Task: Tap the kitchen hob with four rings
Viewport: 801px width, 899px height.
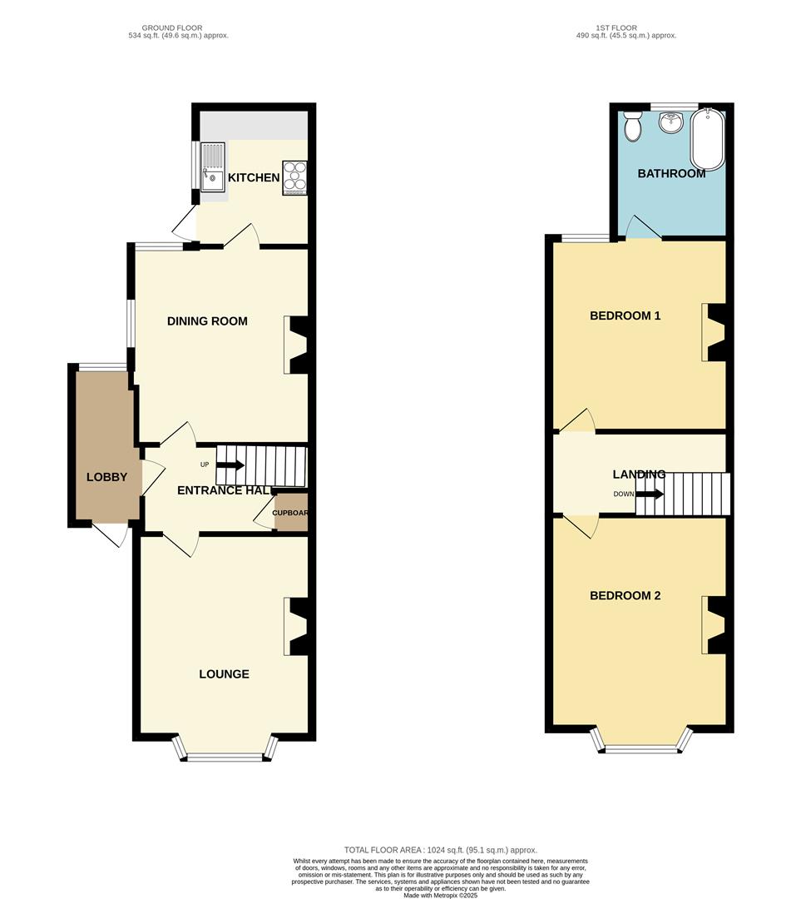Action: [x=295, y=177]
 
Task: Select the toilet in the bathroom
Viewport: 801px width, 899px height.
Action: [x=633, y=126]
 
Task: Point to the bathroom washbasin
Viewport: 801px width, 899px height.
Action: [x=670, y=124]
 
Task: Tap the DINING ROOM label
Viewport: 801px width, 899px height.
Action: [x=207, y=321]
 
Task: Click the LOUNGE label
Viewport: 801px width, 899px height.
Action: [x=224, y=674]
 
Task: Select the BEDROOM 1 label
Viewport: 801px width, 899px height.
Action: [x=625, y=316]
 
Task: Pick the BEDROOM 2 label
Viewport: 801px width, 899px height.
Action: [x=625, y=596]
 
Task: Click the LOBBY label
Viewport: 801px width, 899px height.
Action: [x=107, y=477]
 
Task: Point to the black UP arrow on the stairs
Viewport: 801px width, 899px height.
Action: [x=230, y=465]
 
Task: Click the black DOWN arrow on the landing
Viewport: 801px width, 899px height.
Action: [x=650, y=494]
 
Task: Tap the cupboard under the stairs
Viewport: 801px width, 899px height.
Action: [x=291, y=516]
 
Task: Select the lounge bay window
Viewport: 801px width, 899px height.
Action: [x=224, y=756]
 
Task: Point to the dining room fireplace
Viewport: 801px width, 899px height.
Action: [x=296, y=344]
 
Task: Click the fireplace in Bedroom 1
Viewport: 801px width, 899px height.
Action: [x=714, y=332]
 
